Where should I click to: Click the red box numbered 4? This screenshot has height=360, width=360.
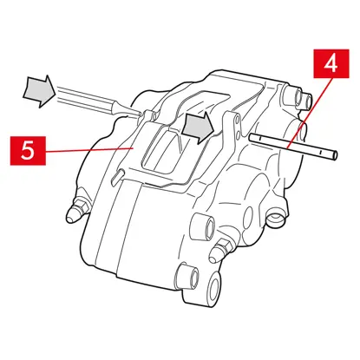(x=331, y=63)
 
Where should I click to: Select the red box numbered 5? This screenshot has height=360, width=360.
(x=28, y=151)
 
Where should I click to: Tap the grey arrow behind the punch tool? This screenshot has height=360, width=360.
(x=39, y=91)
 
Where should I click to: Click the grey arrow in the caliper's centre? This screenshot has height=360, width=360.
(x=199, y=128)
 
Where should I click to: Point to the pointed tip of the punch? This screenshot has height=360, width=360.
(x=141, y=116)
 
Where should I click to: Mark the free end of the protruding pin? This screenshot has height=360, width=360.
(x=335, y=155)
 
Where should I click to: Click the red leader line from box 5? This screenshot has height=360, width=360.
(x=88, y=149)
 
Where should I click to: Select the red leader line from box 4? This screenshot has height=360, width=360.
(x=311, y=113)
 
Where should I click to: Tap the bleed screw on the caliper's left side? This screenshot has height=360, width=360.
(x=76, y=211)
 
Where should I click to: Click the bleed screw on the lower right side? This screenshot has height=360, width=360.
(x=221, y=249)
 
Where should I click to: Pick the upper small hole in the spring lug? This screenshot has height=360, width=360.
(x=238, y=119)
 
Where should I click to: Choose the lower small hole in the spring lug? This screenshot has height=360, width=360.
(x=237, y=134)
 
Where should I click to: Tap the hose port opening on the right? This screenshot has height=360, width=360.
(x=274, y=219)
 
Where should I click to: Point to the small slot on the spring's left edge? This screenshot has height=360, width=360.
(x=115, y=177)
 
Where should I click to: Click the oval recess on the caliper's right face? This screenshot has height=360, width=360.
(x=248, y=216)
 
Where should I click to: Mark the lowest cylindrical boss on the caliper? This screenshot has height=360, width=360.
(x=187, y=277)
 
